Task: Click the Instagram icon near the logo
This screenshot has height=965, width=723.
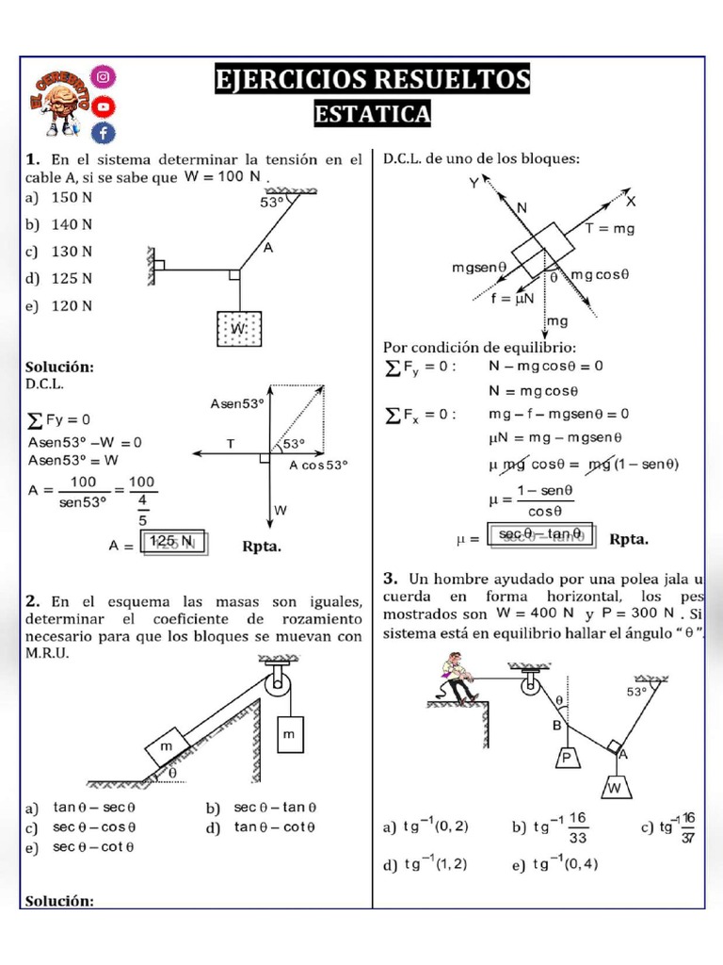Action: [104, 75]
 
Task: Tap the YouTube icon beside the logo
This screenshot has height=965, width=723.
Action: [104, 105]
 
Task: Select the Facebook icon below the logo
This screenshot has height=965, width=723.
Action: [104, 133]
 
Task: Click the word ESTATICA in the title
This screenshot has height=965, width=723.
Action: [372, 114]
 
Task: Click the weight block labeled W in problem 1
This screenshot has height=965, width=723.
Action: [239, 331]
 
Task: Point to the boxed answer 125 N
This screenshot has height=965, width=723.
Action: [175, 542]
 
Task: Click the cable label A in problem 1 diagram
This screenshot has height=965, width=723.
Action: [268, 248]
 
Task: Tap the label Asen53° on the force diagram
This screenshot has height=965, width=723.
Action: [236, 403]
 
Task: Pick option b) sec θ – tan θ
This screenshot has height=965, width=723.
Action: [264, 808]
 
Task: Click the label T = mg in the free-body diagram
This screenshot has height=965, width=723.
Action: [610, 229]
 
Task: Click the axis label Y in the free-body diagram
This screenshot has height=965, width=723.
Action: [474, 184]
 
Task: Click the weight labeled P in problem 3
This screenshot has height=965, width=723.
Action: [567, 759]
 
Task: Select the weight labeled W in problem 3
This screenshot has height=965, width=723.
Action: [617, 787]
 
